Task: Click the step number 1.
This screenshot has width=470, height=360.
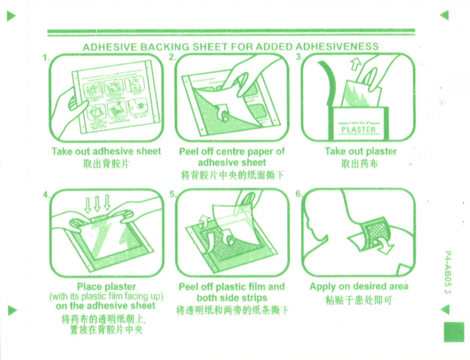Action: (x=46, y=58)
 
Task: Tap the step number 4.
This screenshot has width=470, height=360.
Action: (x=46, y=195)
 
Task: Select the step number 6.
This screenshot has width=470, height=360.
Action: (x=299, y=194)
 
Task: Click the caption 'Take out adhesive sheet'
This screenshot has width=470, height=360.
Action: (x=106, y=151)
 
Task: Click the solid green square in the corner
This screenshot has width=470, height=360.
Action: (x=453, y=332)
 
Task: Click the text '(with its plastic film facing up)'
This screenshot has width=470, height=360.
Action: (x=107, y=296)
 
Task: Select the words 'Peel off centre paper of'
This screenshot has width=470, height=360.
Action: (x=231, y=151)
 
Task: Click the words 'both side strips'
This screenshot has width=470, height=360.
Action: (x=231, y=297)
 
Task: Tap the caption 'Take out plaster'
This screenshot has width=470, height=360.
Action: (x=360, y=151)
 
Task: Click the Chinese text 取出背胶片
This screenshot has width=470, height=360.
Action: (x=106, y=163)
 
